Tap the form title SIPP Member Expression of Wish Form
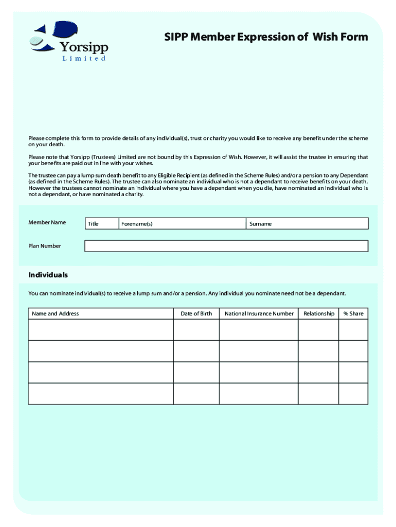tap(266, 37)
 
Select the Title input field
tap(101, 224)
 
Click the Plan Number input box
tap(226, 246)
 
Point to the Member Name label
tap(47, 222)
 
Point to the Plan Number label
tap(45, 246)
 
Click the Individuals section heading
tap(48, 275)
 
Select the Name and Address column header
tap(56, 313)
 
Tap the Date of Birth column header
tap(196, 313)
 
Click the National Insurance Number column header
tap(259, 313)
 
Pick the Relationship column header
tap(319, 313)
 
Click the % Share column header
tap(353, 313)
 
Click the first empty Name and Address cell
tap(101, 330)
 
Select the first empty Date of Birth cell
tap(196, 330)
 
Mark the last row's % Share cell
tap(353, 394)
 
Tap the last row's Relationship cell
tap(319, 394)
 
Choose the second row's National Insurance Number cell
tap(259, 351)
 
